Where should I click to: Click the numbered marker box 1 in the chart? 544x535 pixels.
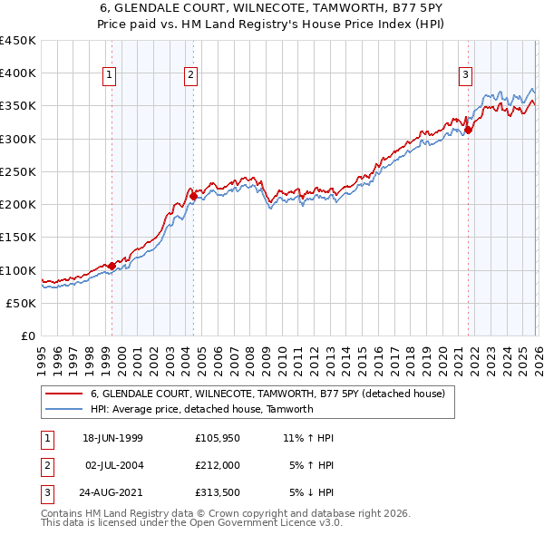point(109,76)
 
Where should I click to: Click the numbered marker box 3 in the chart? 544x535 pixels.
point(465,76)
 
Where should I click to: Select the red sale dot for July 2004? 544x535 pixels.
point(193,196)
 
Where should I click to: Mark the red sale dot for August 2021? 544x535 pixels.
point(469,130)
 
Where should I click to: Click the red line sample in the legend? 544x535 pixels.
point(63,394)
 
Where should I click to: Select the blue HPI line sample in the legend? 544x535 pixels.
point(63,409)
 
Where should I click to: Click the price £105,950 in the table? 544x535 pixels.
point(217,438)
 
